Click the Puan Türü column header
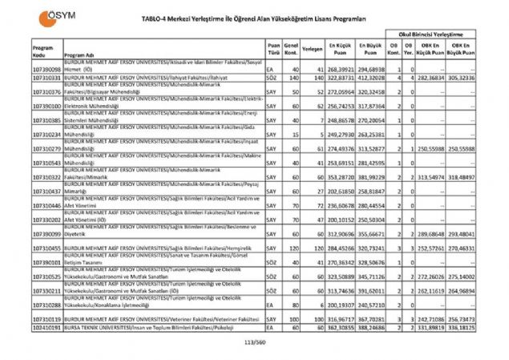click(x=274, y=48)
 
